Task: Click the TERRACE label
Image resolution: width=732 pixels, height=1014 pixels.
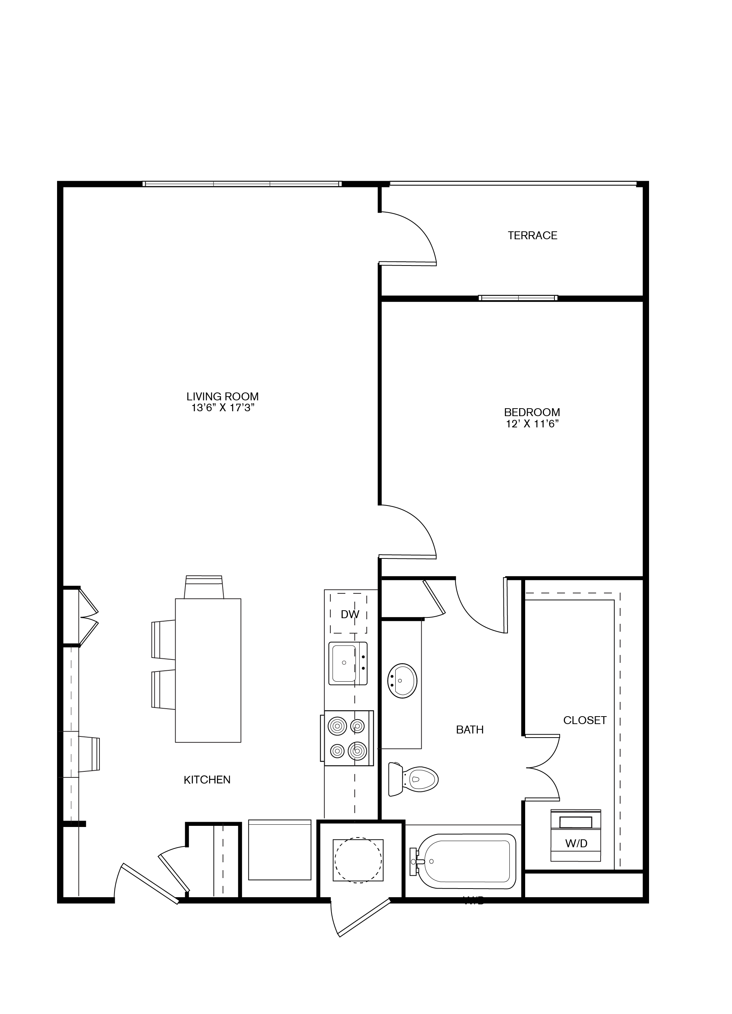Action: (x=532, y=235)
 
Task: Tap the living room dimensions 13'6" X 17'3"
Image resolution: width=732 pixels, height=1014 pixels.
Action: (x=223, y=407)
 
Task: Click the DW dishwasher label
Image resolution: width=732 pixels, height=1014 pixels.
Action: (x=349, y=614)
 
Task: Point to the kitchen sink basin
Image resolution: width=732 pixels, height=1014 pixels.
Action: (x=343, y=662)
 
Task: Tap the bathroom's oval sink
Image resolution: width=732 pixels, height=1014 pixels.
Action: (x=402, y=681)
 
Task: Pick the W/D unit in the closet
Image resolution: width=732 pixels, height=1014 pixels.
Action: (x=575, y=836)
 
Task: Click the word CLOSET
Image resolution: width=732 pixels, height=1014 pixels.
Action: (x=584, y=720)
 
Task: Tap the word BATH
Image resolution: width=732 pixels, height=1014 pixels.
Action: (x=470, y=730)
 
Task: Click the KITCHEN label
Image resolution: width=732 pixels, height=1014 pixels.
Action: (x=207, y=780)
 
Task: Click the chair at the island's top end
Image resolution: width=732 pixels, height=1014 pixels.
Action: (x=204, y=587)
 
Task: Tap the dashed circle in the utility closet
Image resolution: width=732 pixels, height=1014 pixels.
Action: (x=358, y=860)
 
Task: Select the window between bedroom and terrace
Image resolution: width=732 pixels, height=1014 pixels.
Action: (x=518, y=298)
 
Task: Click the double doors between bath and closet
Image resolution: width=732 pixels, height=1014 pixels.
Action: (x=544, y=768)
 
